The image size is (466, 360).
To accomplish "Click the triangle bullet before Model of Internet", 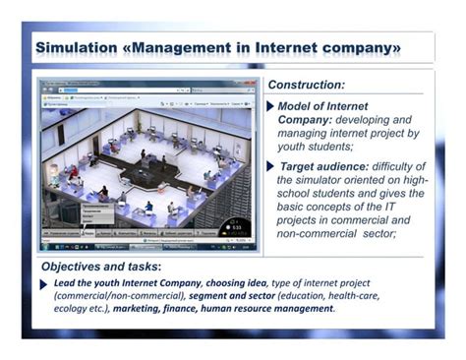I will [272, 105].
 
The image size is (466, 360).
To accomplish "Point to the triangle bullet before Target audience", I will [272, 166].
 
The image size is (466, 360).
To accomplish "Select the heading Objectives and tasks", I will [101, 267].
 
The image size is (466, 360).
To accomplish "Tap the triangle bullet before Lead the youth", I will [44, 283].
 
